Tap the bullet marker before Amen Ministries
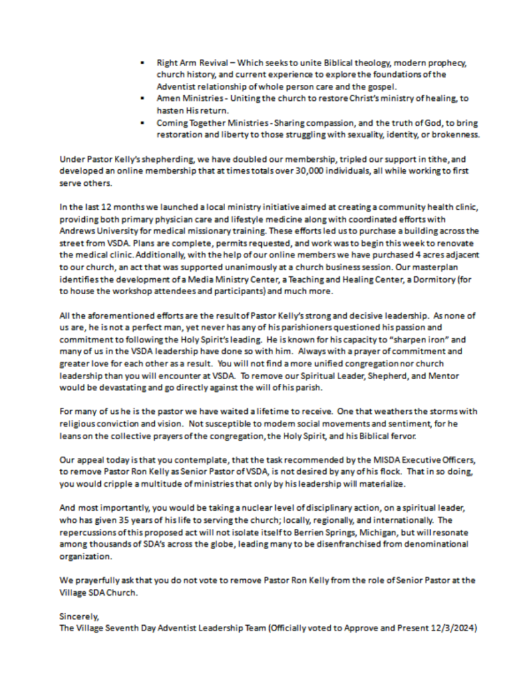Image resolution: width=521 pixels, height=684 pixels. (143, 98)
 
